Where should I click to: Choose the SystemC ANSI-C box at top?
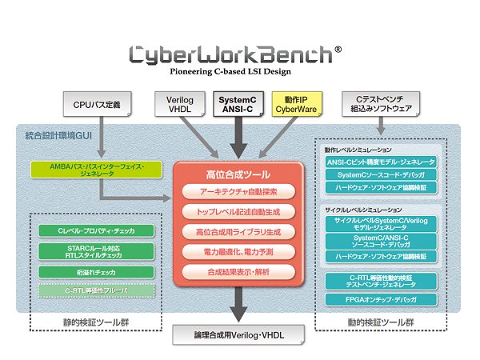pyautogui.click(x=237, y=103)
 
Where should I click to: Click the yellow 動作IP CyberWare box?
pyautogui.click(x=296, y=103)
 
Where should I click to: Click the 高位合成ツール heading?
pyautogui.click(x=238, y=173)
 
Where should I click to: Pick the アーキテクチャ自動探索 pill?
pyautogui.click(x=238, y=192)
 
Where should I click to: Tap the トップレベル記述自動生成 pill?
pyautogui.click(x=238, y=212)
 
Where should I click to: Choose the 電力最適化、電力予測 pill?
pyautogui.click(x=238, y=252)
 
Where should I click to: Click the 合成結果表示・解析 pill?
pyautogui.click(x=238, y=272)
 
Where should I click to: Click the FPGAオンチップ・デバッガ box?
pyautogui.click(x=380, y=299)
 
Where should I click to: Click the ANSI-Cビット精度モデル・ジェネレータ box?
pyautogui.click(x=380, y=162)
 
